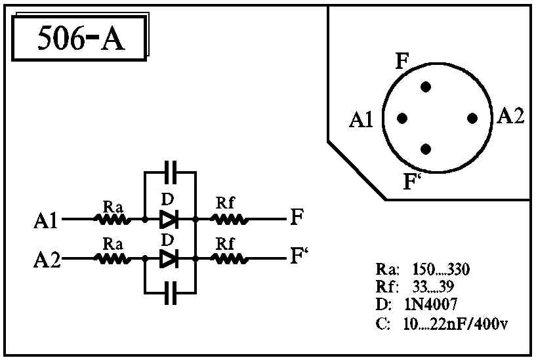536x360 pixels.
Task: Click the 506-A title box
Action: [x=79, y=38]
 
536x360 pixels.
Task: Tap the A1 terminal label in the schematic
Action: [x=46, y=220]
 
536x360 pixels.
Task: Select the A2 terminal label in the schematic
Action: [x=47, y=260]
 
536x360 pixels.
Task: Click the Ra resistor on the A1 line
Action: [x=112, y=220]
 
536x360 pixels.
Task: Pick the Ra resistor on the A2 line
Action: [x=112, y=259]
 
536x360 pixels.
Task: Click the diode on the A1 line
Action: [x=169, y=219]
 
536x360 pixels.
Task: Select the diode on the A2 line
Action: [x=169, y=259]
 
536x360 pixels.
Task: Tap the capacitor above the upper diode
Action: [x=171, y=172]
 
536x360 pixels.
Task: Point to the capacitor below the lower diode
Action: [x=171, y=292]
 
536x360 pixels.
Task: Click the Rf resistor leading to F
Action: [x=229, y=220]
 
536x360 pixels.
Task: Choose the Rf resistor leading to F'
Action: [x=229, y=259]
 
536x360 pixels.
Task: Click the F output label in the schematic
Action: [x=297, y=216]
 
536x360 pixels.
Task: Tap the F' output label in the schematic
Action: [x=299, y=256]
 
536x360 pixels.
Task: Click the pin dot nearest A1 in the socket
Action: [x=402, y=119]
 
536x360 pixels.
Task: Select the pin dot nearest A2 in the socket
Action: [x=472, y=119]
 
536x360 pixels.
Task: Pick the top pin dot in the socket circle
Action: [x=426, y=87]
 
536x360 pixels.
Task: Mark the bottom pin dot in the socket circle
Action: [x=426, y=150]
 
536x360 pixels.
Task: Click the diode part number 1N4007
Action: [x=431, y=304]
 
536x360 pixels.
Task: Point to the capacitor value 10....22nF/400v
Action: [x=455, y=324]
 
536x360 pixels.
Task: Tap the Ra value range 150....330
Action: [x=441, y=270]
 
